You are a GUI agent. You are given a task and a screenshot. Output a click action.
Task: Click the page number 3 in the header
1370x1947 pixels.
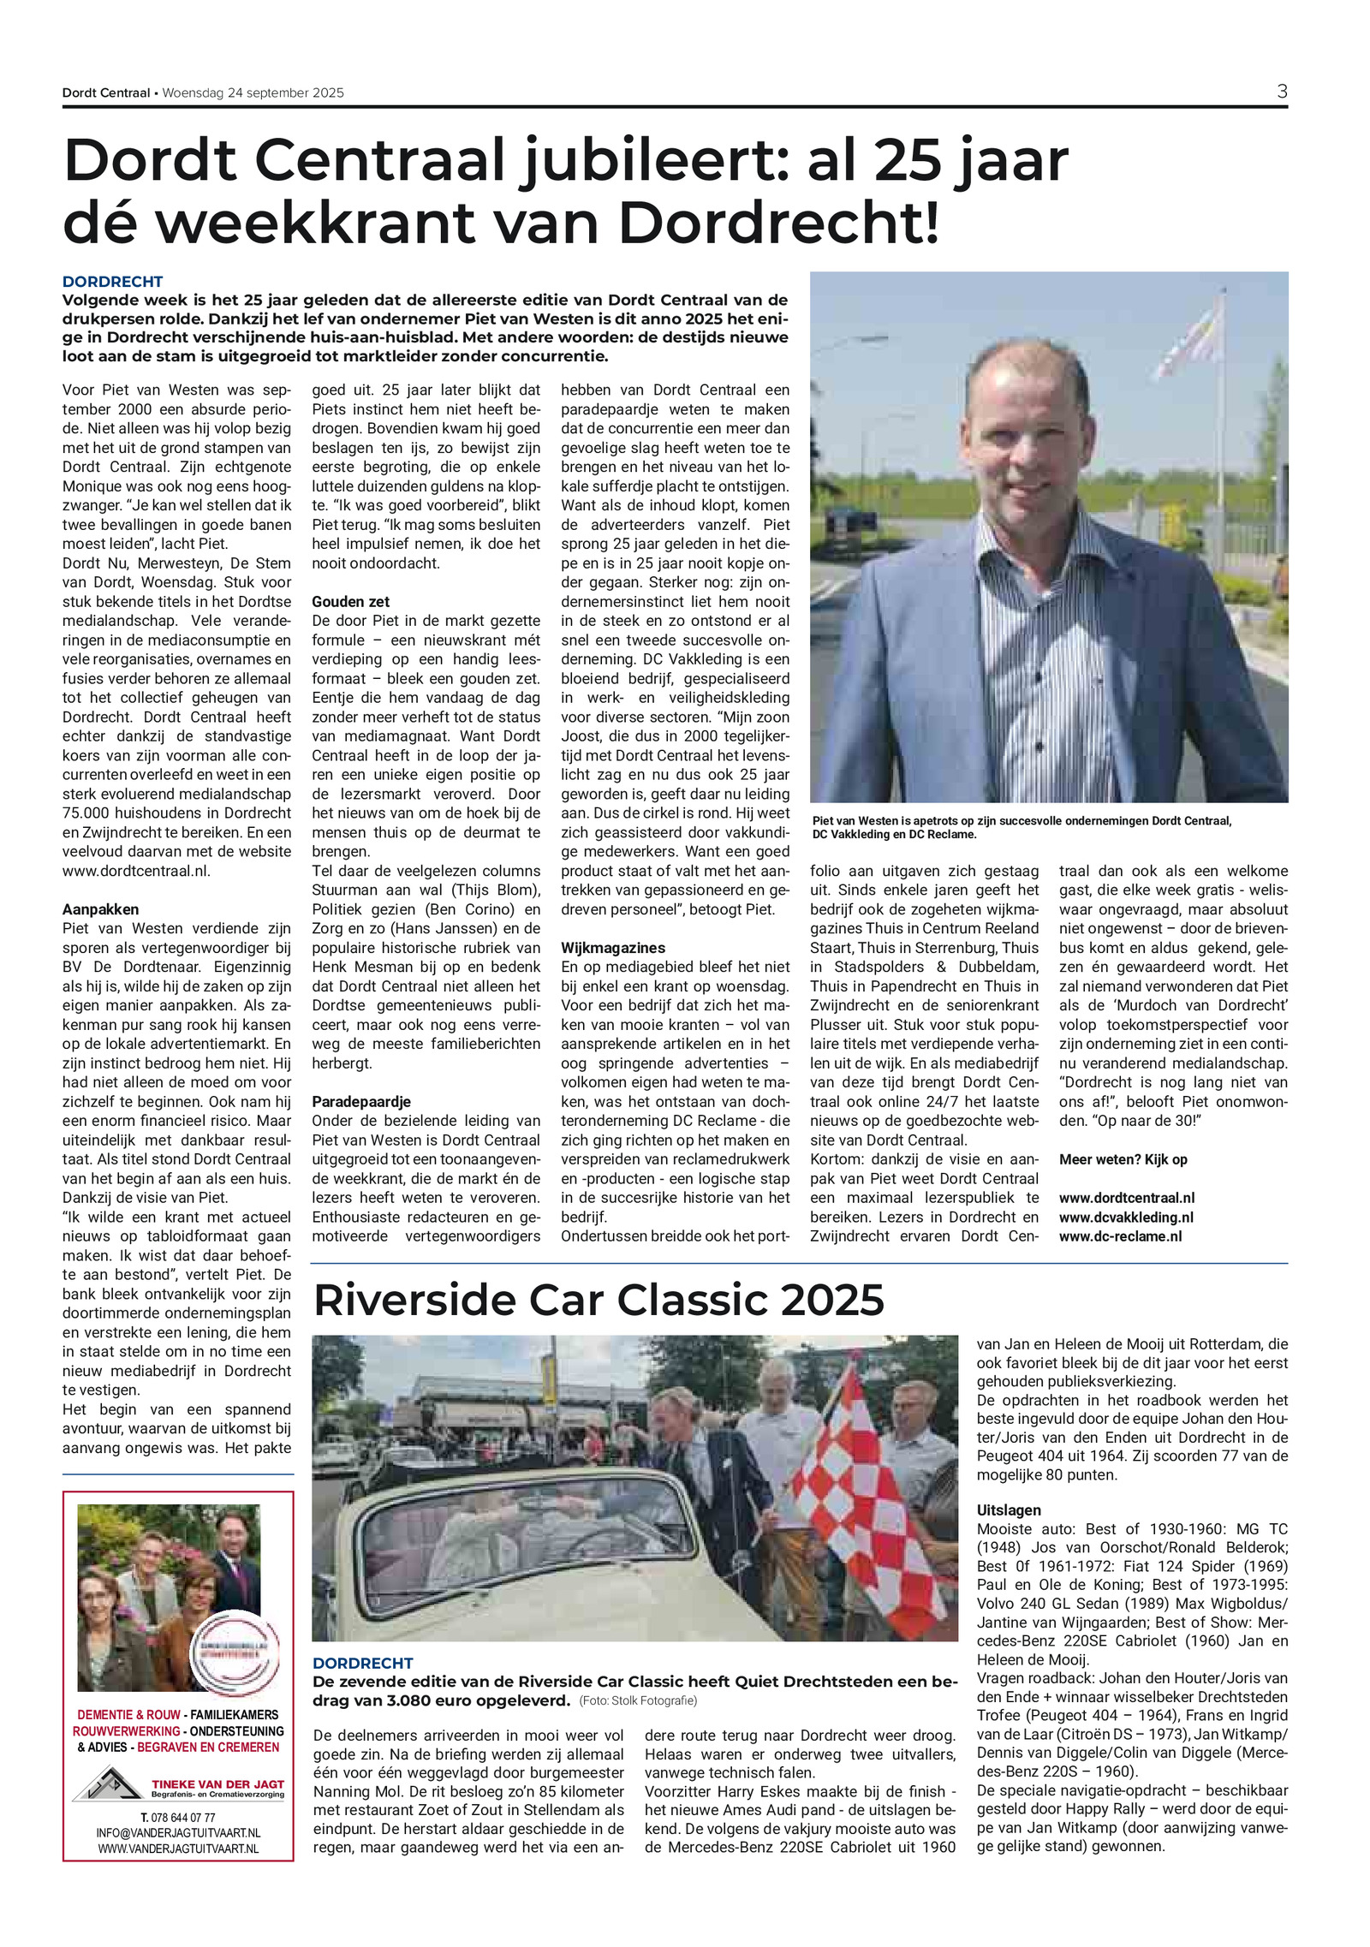(x=1281, y=92)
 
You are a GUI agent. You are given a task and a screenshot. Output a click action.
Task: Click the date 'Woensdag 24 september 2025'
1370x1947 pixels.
(x=253, y=93)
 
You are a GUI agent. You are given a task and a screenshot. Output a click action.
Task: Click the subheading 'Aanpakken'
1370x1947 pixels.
(x=100, y=909)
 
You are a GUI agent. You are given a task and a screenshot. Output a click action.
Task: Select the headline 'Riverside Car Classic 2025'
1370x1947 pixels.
(x=599, y=1301)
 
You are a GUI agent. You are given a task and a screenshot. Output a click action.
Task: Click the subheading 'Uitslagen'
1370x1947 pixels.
(x=1009, y=1510)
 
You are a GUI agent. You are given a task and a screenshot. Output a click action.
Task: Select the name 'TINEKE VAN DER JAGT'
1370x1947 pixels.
(x=217, y=1783)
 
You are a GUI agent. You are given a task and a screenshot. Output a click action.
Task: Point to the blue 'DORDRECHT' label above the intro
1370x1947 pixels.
(x=112, y=282)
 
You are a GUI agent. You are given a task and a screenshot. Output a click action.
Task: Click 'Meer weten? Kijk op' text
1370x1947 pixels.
(x=1123, y=1159)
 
